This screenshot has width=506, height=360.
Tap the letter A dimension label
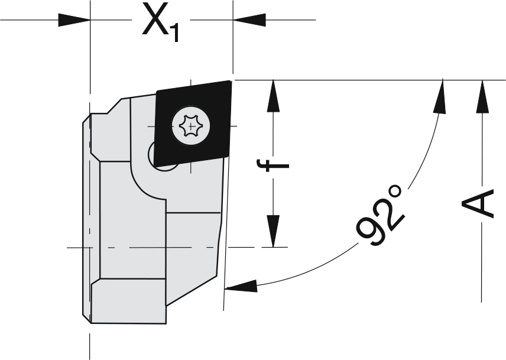pyautogui.click(x=478, y=203)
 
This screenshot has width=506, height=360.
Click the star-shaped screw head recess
pyautogui.click(x=191, y=125)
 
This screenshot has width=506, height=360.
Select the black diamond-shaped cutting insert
pyautogui.click(x=193, y=123)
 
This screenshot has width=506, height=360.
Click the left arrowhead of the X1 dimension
pyautogui.click(x=74, y=20)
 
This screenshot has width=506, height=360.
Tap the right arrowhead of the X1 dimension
pyautogui.click(x=249, y=20)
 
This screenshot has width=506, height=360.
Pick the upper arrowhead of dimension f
pyautogui.click(x=273, y=96)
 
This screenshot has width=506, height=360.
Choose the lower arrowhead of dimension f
pyautogui.click(x=273, y=231)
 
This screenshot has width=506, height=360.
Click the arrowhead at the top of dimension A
pyautogui.click(x=482, y=96)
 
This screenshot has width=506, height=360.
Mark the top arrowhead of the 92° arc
pyautogui.click(x=440, y=96)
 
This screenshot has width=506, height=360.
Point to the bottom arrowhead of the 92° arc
pyautogui.click(x=241, y=286)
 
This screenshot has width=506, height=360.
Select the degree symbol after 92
pyautogui.click(x=395, y=192)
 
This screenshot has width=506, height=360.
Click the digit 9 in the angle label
pyautogui.click(x=368, y=232)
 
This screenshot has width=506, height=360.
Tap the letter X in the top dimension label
pyautogui.click(x=154, y=20)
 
